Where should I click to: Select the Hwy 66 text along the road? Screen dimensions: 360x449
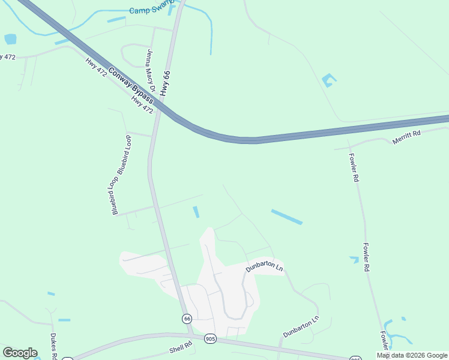click(x=166, y=84)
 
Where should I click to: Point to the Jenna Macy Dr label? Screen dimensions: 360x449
click(x=150, y=71)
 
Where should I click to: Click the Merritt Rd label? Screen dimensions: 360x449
click(x=406, y=137)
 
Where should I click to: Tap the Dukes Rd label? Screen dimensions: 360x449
click(x=53, y=346)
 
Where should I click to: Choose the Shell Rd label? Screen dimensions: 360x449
click(x=179, y=347)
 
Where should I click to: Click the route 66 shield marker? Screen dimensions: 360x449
click(x=187, y=318)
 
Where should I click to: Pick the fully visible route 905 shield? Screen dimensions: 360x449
click(x=209, y=338)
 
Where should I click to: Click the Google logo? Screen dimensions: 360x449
click(x=20, y=353)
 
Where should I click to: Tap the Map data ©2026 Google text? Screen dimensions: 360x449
click(x=411, y=355)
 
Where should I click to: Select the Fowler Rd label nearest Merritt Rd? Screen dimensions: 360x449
click(x=354, y=167)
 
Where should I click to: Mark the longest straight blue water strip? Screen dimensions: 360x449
click(x=286, y=217)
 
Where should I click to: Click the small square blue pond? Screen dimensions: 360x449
click(x=10, y=40)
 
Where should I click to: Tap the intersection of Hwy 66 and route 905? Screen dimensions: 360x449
click(x=191, y=335)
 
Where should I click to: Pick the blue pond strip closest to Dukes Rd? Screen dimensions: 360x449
click(x=64, y=320)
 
